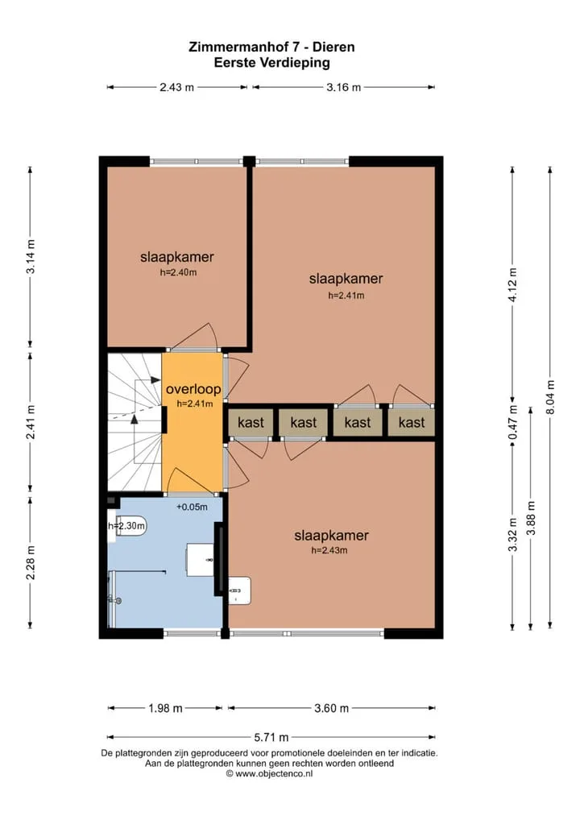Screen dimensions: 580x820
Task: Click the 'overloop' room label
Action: [193, 389]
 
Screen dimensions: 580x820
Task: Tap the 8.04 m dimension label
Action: [550, 398]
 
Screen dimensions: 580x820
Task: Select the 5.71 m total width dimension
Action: [271, 737]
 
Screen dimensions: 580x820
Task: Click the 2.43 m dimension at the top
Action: [176, 87]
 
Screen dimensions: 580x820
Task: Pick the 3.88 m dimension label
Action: [532, 518]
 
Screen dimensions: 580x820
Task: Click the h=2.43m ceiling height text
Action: [329, 550]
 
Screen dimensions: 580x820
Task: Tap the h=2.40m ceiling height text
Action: [178, 272]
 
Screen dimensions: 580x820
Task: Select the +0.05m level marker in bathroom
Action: [192, 507]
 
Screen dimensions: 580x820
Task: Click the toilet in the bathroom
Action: [128, 525]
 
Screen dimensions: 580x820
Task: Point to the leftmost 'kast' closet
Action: [251, 423]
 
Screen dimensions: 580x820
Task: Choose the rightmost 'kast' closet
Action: [412, 423]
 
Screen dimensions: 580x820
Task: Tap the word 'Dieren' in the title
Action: [333, 47]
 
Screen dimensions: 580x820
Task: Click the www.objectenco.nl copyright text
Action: [269, 774]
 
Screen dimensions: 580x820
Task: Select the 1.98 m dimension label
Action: [165, 709]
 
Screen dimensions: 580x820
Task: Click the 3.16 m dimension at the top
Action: [344, 87]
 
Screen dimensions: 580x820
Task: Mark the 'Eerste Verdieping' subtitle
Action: [272, 64]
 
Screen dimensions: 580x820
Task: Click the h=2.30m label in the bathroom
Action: [126, 525]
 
